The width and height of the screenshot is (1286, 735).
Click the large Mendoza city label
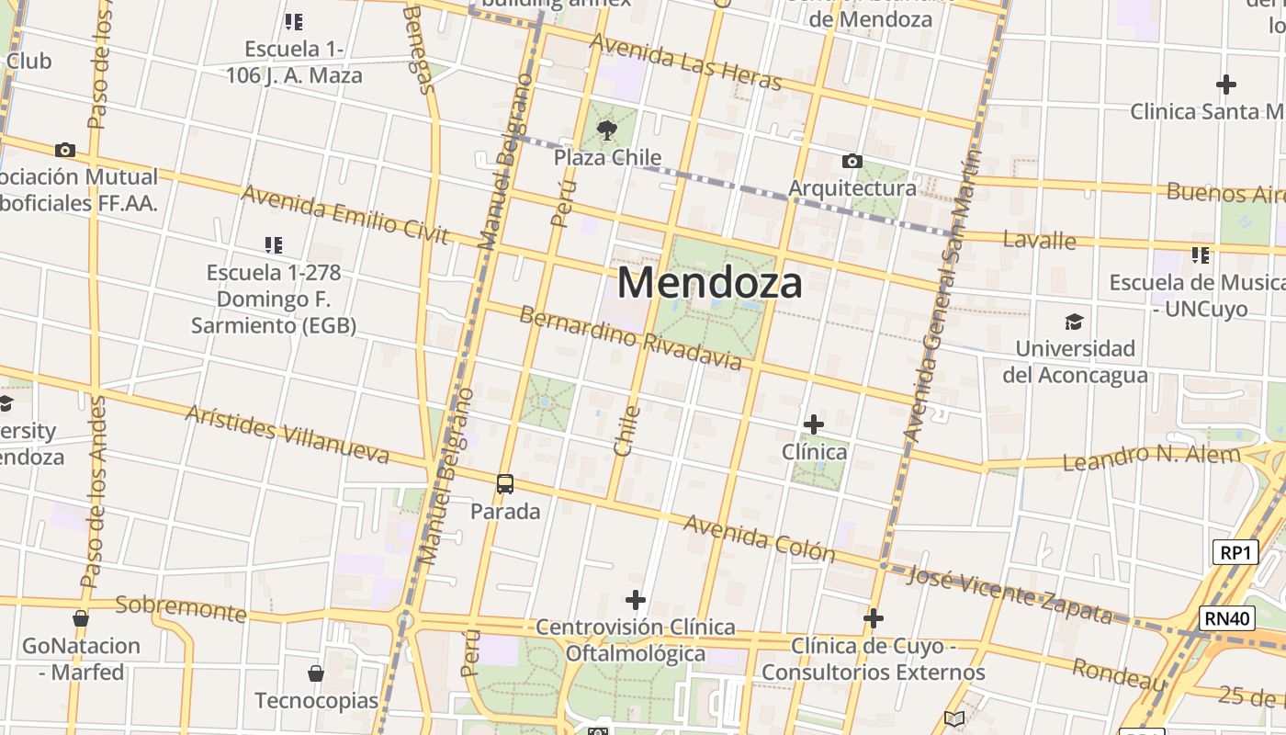point(709,282)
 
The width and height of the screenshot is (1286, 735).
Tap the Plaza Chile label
point(607,157)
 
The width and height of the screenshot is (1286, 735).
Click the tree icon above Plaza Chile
point(606,130)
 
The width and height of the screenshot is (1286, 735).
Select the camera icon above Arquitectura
point(852,162)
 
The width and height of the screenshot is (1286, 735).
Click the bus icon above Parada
point(504,483)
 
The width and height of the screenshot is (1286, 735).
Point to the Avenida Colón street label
point(759,537)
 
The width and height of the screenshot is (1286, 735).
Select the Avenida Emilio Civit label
point(344,215)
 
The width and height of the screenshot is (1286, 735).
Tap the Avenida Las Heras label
point(685,62)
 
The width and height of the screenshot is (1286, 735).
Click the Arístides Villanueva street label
point(288,433)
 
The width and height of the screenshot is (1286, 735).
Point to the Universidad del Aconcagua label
point(1074,362)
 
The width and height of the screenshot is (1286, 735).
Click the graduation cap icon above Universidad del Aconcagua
point(1073,322)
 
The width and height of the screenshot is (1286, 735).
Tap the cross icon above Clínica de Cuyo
point(873,618)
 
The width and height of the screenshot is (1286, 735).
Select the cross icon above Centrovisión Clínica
point(635,600)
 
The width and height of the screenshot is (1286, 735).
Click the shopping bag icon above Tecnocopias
point(316,673)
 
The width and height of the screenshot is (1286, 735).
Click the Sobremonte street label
point(181,607)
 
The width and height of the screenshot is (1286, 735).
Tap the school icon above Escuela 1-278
point(273,244)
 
